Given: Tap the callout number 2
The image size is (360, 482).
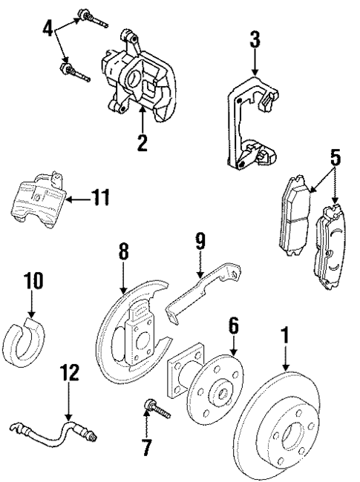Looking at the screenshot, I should (x=141, y=141).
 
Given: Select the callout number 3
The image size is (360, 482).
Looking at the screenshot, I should (x=255, y=40).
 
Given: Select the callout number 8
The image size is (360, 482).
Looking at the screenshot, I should (x=123, y=252).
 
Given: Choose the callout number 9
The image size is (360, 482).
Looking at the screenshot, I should (x=199, y=242).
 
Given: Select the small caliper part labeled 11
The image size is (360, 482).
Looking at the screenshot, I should (x=37, y=199).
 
